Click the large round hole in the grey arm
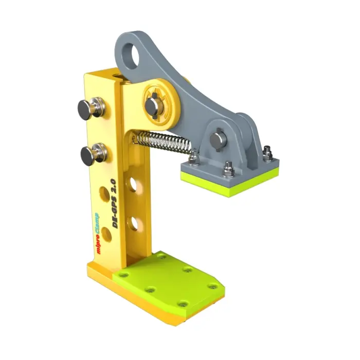(x=132, y=56)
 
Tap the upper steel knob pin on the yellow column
(x=91, y=108)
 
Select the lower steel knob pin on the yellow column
(x=93, y=154)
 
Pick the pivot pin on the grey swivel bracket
(x=218, y=139)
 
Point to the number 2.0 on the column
(x=114, y=186)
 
